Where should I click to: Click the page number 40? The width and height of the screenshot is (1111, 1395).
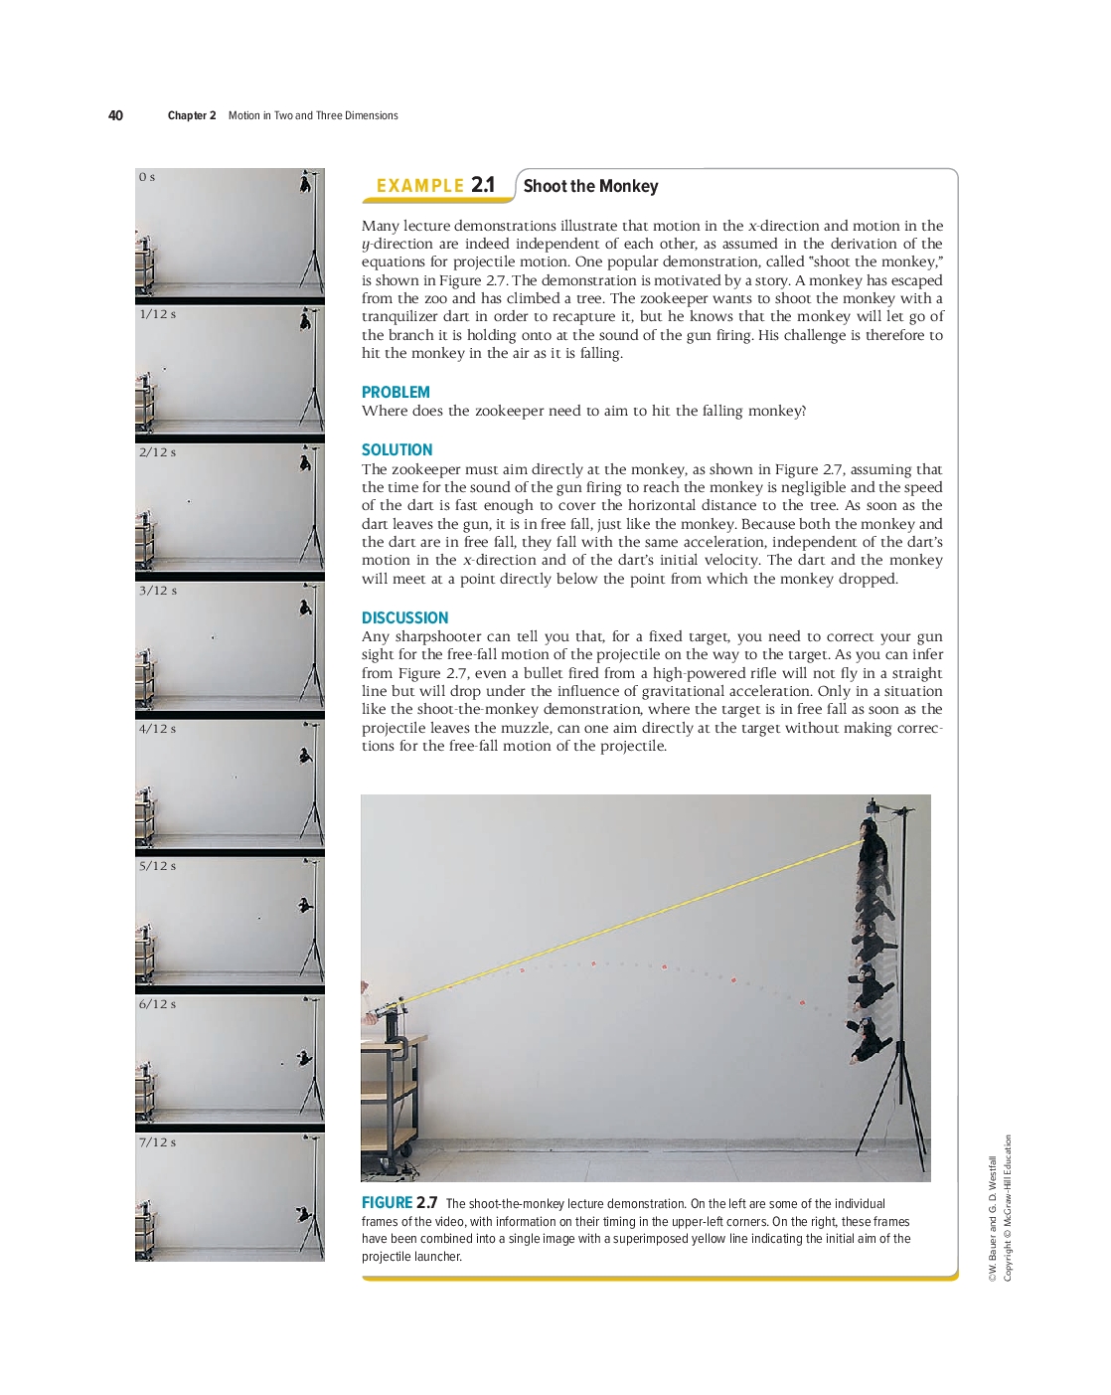click(x=115, y=115)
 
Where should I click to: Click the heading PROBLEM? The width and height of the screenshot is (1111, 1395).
click(x=396, y=393)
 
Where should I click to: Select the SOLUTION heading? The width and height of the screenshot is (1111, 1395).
click(x=397, y=450)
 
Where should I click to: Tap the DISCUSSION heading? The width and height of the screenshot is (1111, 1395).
click(x=404, y=618)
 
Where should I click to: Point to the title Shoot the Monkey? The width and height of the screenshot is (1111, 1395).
click(x=590, y=186)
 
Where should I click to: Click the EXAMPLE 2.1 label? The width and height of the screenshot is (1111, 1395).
click(x=435, y=186)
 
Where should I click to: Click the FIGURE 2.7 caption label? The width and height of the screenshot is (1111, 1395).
click(x=398, y=1203)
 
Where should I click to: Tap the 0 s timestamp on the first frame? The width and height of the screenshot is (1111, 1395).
click(x=147, y=177)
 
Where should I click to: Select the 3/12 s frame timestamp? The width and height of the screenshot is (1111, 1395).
click(x=158, y=591)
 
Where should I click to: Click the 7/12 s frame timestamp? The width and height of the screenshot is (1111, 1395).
click(x=158, y=1142)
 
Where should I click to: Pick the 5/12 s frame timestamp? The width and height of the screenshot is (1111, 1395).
click(x=158, y=866)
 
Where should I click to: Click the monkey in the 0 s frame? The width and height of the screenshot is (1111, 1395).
click(x=305, y=182)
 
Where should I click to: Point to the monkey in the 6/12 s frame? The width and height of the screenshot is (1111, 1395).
click(x=304, y=1059)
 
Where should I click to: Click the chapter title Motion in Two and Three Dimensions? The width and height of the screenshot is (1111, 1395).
click(x=313, y=115)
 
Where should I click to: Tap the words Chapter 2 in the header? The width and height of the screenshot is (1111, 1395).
click(x=192, y=115)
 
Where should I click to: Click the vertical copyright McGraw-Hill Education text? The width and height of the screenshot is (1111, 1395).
click(x=1008, y=1208)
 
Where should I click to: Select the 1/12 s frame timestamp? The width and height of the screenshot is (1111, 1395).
click(x=158, y=314)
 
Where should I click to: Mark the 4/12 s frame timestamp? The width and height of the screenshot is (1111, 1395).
click(x=158, y=729)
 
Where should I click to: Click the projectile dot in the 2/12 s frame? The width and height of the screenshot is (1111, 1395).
click(x=189, y=501)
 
